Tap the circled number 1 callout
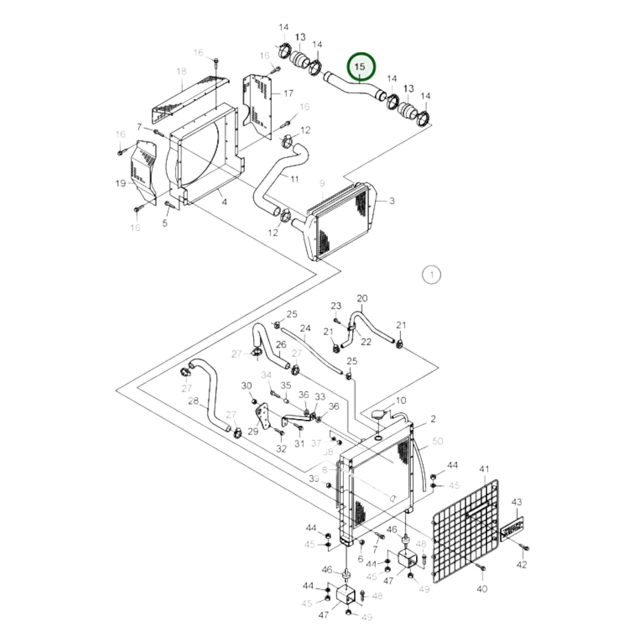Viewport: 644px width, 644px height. click(x=431, y=275)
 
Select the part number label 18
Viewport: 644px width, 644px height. click(x=181, y=71)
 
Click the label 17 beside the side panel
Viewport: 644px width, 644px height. click(x=288, y=93)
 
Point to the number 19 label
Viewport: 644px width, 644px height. click(x=121, y=183)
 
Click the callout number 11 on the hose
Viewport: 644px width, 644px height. click(x=294, y=179)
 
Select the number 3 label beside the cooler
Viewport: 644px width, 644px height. click(x=391, y=201)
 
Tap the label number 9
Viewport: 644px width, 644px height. click(x=322, y=183)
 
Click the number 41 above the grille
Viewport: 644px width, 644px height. click(x=484, y=469)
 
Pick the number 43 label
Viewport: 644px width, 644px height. click(x=516, y=502)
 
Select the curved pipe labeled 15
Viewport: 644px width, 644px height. click(x=352, y=86)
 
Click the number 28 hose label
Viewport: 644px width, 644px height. click(x=193, y=401)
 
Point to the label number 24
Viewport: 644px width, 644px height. click(x=305, y=328)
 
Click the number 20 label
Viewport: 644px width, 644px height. click(x=362, y=298)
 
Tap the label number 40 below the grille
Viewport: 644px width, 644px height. click(x=482, y=589)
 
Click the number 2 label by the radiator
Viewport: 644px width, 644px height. click(x=433, y=419)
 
